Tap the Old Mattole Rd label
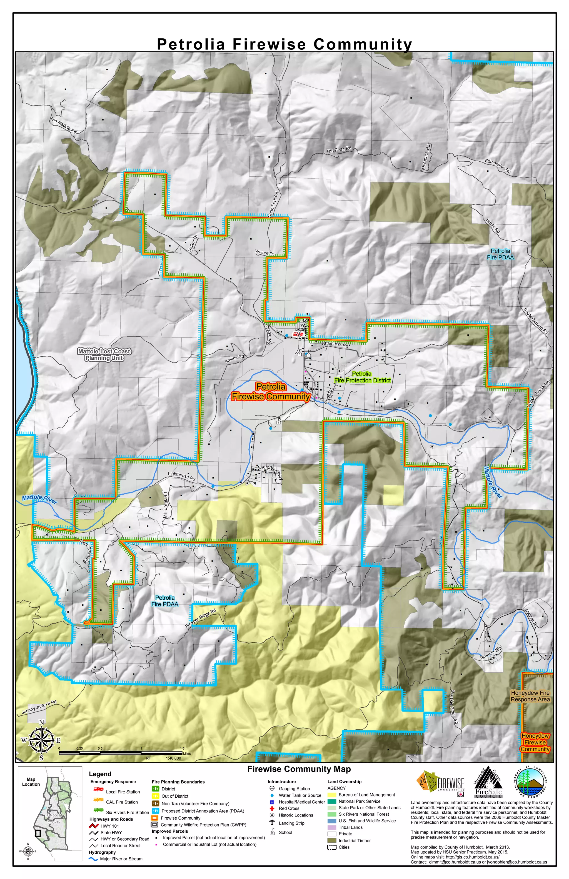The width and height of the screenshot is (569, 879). click(64, 126)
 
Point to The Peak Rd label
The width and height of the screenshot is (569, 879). click(338, 150)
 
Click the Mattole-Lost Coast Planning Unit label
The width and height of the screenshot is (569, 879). click(104, 355)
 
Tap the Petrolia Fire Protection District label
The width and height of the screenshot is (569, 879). click(362, 377)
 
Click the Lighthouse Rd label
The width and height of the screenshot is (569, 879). click(181, 476)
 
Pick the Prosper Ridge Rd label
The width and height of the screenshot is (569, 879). click(200, 618)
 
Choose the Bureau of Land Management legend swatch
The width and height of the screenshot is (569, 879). click(332, 795)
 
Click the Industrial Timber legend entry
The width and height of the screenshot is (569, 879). click(354, 841)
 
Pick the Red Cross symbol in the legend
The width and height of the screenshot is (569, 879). click(272, 808)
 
